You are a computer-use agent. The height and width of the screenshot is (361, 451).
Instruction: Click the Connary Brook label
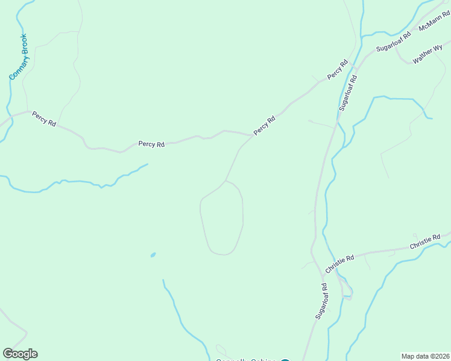[19, 58]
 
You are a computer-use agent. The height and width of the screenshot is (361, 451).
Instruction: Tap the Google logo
[20, 354]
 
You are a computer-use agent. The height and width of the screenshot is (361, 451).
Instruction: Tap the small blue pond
[153, 255]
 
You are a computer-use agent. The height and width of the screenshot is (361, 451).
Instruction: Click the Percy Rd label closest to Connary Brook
[44, 118]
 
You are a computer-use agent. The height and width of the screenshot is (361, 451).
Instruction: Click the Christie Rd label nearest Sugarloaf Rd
[339, 262]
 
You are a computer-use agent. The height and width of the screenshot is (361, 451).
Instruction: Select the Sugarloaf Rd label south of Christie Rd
[320, 301]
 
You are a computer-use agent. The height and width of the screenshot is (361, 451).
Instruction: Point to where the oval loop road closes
[225, 180]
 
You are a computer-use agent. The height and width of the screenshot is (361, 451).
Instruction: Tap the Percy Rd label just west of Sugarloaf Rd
[338, 70]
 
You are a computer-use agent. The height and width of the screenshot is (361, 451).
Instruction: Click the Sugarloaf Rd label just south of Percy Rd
[348, 92]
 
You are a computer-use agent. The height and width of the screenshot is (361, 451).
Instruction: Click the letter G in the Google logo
[8, 354]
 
